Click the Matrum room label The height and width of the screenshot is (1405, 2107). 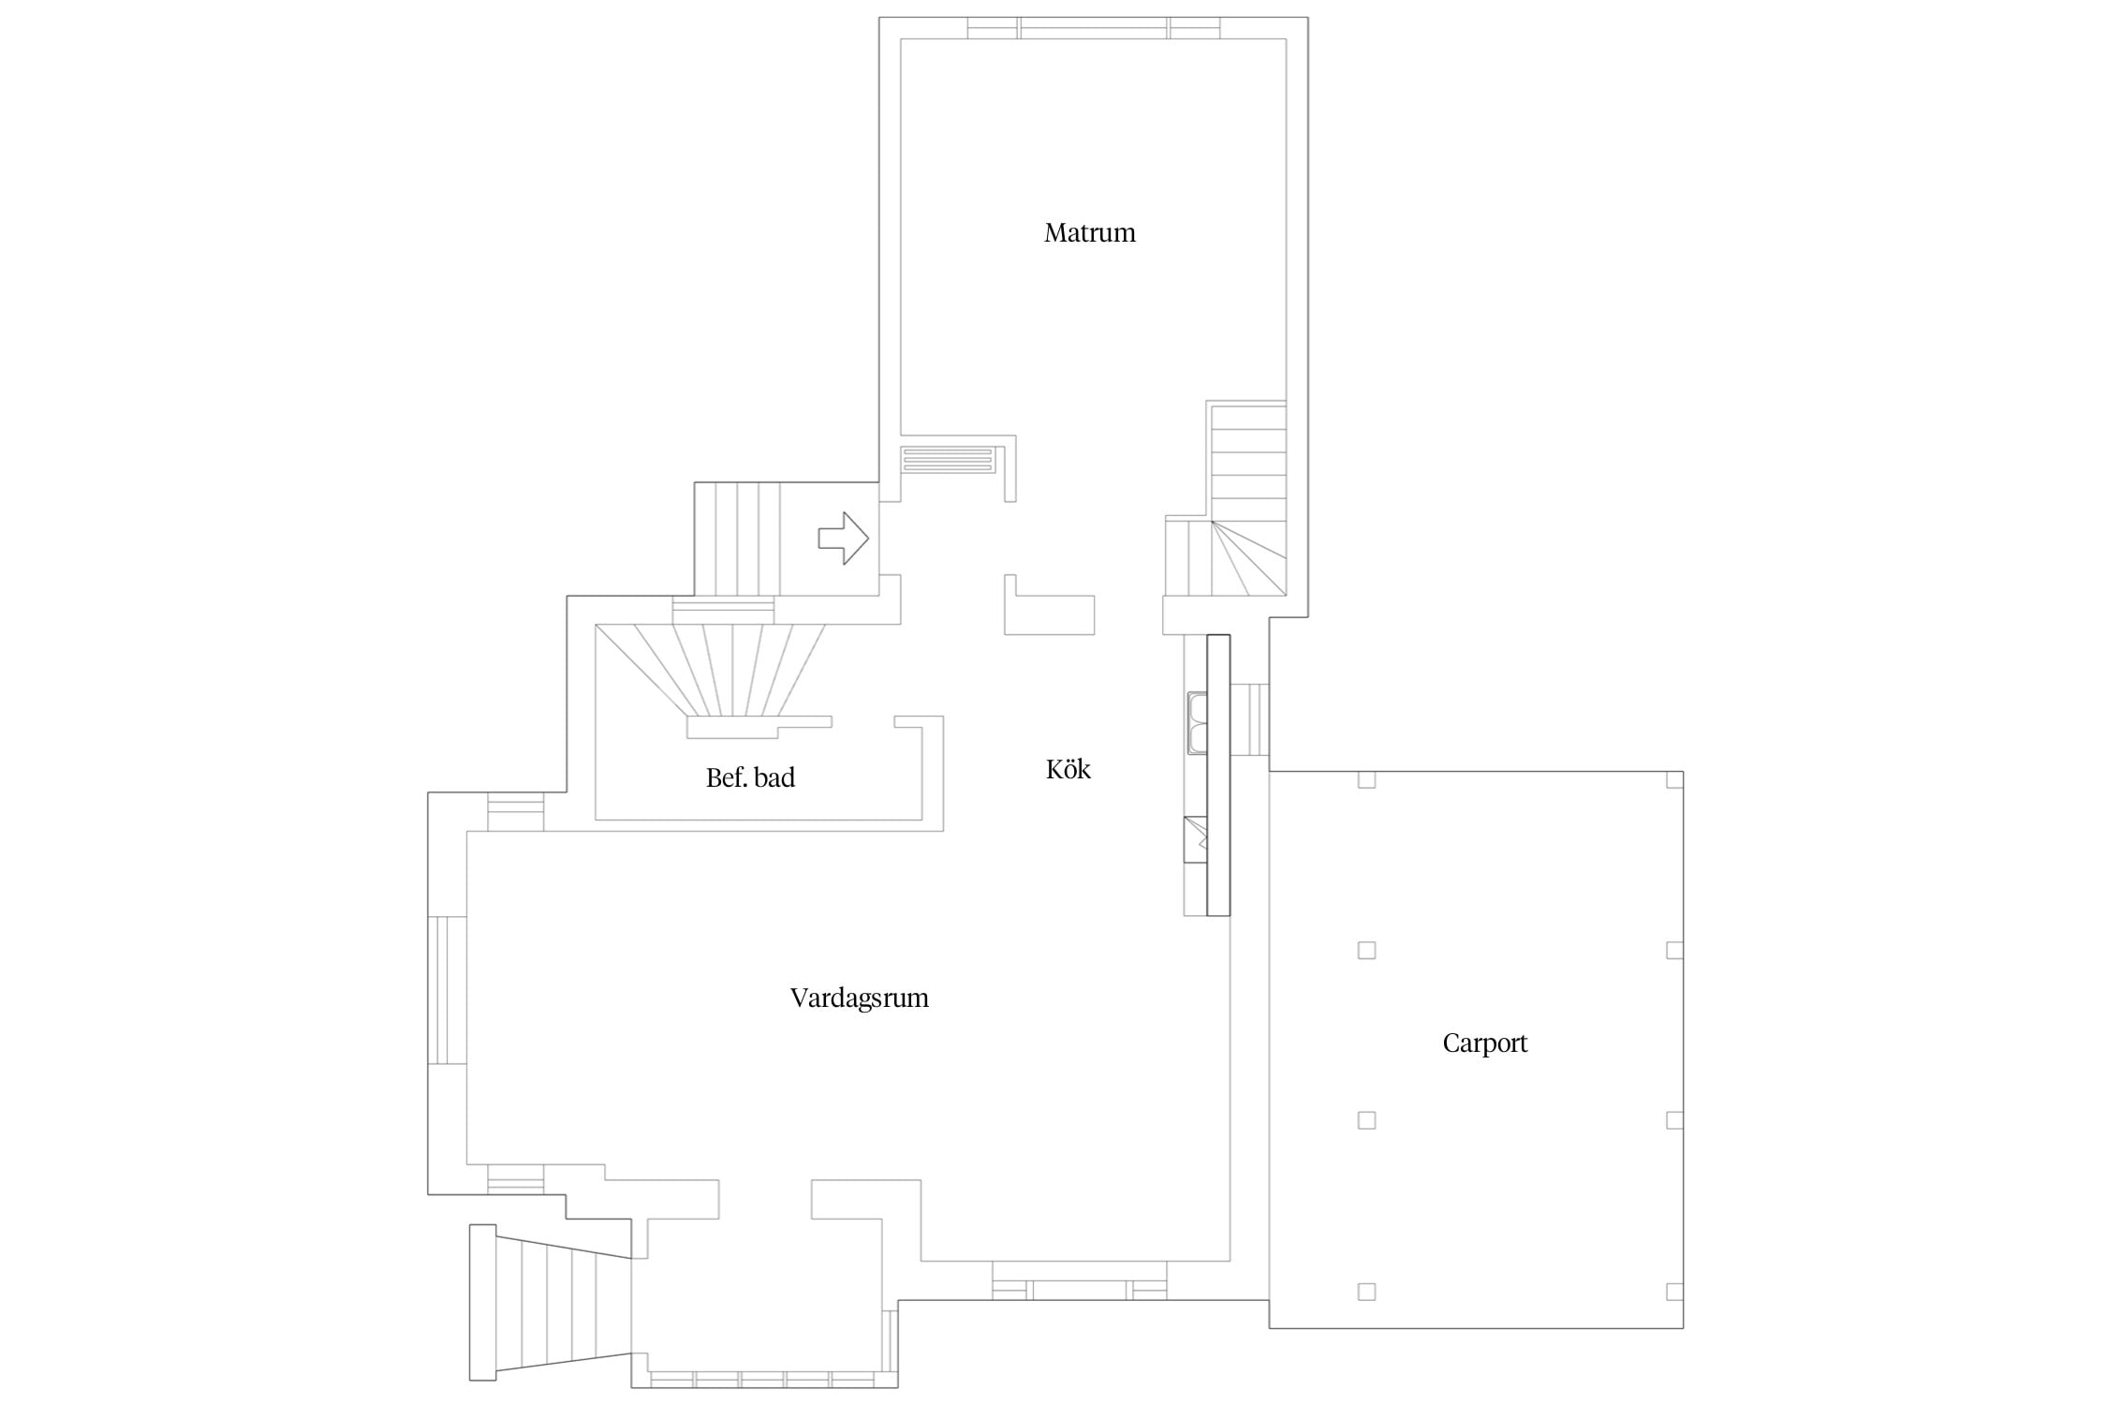coord(1090,232)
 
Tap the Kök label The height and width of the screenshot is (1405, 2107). coord(1068,769)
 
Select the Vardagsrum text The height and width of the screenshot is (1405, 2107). coord(860,998)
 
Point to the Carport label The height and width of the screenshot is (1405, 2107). coord(1485,1043)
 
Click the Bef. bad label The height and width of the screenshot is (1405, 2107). coord(750,777)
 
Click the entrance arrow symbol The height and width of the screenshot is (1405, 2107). coord(844,539)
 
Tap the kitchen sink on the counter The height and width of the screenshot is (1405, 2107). coord(1197,722)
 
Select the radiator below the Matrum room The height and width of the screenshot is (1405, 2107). coord(948,459)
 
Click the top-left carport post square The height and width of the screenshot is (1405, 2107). coord(1366,779)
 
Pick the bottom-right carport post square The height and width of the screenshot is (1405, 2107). coord(1675,1292)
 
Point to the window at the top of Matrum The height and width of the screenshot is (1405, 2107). coord(1094,28)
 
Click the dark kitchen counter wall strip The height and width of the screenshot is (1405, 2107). coord(1218,775)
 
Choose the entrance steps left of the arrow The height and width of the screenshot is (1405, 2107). coord(737,539)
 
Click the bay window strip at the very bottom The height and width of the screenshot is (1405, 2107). coord(763,1379)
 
